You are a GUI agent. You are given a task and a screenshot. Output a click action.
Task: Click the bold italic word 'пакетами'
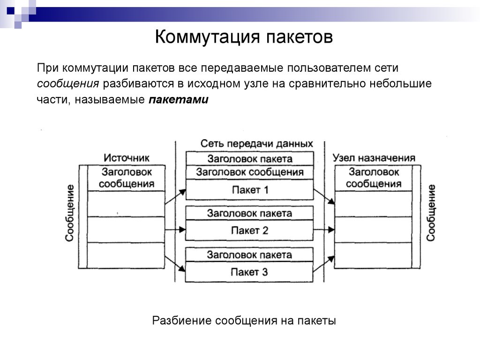pos(179,100)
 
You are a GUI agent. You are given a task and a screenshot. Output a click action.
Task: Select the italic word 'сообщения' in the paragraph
pos(68,84)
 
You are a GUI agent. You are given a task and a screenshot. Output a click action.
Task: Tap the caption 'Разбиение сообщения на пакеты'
pos(244,321)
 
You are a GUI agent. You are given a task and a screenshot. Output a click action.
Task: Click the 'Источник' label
pos(127,158)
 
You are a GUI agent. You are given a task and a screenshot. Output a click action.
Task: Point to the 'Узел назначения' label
pos(374,158)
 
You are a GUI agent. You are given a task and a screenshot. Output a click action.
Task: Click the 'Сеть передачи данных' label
pos(250,144)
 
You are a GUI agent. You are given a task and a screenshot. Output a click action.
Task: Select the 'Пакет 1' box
pos(250,190)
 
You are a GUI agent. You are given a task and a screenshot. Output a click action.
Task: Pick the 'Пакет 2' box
pos(250,231)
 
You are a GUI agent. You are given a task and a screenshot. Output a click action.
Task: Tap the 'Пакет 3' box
pos(250,272)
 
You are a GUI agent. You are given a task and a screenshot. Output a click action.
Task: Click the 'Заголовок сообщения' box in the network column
pos(250,172)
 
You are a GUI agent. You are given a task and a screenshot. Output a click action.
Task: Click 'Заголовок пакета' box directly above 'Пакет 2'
pos(250,213)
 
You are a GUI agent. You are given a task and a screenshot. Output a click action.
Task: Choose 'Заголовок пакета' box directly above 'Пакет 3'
pos(250,255)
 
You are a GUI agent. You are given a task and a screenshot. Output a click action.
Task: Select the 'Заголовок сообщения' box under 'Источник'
pos(127,178)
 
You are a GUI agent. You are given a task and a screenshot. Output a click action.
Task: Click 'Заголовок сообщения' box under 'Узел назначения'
pos(374,178)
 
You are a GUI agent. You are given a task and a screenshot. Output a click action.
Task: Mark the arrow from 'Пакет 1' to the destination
pos(324,196)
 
